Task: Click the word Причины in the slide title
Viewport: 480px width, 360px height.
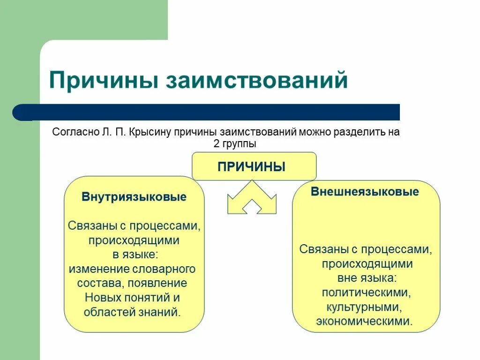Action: click(103, 80)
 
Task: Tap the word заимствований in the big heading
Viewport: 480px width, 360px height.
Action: click(256, 80)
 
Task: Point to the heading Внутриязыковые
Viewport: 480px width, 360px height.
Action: click(134, 196)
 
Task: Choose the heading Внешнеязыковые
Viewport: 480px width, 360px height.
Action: click(365, 192)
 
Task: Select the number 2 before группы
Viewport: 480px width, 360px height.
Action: click(216, 144)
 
